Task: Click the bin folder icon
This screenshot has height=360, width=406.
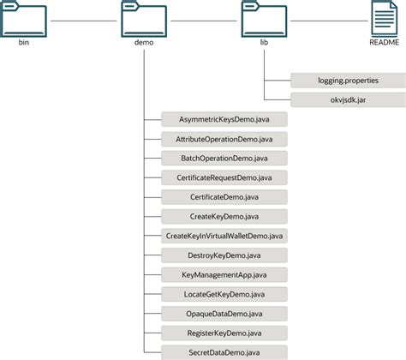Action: (x=24, y=20)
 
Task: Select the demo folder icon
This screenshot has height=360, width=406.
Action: (x=144, y=20)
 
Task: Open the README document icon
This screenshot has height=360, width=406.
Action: (x=382, y=19)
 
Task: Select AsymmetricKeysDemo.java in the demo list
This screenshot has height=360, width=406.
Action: (x=224, y=119)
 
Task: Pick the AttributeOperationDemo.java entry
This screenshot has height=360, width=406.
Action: (x=224, y=138)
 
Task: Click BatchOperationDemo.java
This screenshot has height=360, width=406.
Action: (x=224, y=158)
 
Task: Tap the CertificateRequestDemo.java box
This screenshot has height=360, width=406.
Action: (x=224, y=177)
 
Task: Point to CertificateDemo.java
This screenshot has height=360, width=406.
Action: (x=224, y=196)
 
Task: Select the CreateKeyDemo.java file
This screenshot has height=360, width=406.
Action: (x=224, y=216)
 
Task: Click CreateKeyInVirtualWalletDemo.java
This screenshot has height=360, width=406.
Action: (x=224, y=235)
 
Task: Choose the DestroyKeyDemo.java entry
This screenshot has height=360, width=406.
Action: (x=224, y=255)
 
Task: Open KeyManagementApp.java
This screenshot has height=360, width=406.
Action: (x=224, y=274)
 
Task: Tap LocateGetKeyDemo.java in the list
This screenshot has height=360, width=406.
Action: (x=224, y=293)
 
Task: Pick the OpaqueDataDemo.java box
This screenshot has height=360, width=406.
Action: (x=224, y=313)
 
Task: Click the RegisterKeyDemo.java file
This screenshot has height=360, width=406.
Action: (x=224, y=333)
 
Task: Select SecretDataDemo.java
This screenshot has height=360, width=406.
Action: (x=224, y=351)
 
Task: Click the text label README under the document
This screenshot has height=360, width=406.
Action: (x=382, y=44)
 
